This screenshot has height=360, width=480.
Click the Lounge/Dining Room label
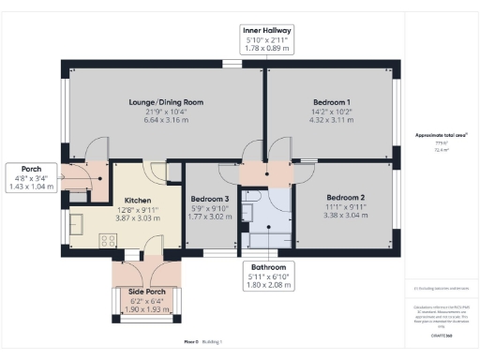point(166,102)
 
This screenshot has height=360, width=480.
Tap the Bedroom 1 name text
point(331,102)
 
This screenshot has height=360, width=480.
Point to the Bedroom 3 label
point(209,200)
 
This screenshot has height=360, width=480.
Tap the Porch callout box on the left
point(31,176)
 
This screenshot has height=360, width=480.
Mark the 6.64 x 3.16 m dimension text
point(166,120)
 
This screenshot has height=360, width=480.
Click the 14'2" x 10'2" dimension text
point(331,112)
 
